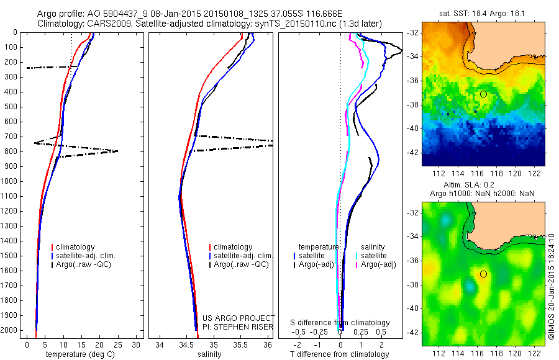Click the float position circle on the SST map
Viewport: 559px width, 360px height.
[483, 94]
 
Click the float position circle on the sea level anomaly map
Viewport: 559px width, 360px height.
[483, 274]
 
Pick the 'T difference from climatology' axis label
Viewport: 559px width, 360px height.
[340, 354]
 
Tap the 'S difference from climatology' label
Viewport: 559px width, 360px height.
[340, 323]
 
